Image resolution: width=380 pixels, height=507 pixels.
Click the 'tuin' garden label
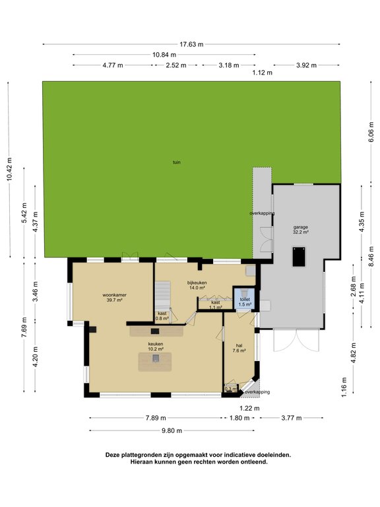[x=177, y=162]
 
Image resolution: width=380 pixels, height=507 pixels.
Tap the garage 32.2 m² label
[x=301, y=230]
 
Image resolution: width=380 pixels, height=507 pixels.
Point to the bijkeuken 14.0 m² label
[x=197, y=285]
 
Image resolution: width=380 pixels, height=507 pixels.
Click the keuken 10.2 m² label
[x=155, y=347]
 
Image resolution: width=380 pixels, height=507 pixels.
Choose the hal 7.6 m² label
[x=238, y=348]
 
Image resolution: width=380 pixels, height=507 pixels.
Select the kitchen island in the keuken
[x=155, y=360]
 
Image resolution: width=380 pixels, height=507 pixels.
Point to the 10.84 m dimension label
[x=164, y=54]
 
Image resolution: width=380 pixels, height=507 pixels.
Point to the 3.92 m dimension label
[x=306, y=65]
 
